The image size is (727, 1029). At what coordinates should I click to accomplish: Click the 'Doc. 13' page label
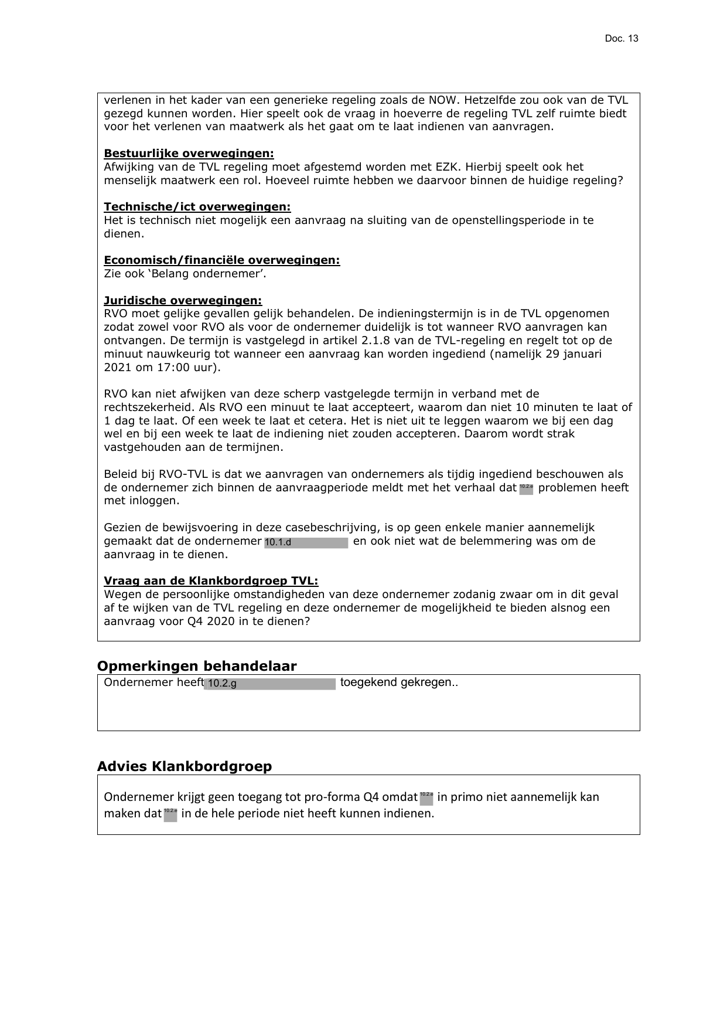point(622,39)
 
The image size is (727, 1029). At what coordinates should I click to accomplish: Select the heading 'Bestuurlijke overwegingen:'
point(189,154)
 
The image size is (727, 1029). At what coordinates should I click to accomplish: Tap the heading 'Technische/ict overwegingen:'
point(197,207)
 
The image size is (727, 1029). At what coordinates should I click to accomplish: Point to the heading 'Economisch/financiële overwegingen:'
point(221,260)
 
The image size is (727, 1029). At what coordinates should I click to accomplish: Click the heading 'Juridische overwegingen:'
point(183,301)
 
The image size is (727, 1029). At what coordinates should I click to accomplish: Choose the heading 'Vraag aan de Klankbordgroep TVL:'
point(211,581)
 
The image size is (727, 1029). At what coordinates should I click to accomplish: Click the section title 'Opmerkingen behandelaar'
point(196,666)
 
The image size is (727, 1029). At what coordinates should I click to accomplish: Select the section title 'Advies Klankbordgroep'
point(184,766)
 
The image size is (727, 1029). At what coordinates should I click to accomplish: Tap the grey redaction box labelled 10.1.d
point(306,542)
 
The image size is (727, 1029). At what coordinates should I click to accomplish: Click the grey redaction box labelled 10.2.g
point(269,684)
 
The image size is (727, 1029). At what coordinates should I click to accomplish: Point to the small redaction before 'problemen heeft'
point(526,489)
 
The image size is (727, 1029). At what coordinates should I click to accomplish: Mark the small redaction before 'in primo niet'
point(426,797)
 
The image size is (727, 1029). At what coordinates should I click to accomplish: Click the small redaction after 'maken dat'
point(170,814)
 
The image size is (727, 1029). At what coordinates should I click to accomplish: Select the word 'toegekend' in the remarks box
point(368,682)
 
